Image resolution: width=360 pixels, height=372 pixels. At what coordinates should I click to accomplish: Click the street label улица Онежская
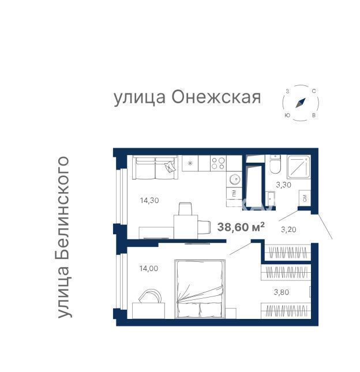point(187,97)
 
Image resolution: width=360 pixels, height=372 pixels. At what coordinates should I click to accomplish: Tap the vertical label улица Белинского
point(62,237)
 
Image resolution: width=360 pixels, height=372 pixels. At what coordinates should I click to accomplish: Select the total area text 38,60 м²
point(241,227)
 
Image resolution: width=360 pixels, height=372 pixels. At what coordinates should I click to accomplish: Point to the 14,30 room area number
point(149,201)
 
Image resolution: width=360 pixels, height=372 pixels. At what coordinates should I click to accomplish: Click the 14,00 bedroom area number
point(148,269)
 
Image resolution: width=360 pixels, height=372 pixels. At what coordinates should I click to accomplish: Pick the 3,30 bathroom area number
point(283,185)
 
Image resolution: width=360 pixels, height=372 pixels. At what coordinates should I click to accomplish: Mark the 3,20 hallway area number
point(288,230)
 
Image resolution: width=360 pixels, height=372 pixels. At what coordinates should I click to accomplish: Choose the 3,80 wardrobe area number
point(282,292)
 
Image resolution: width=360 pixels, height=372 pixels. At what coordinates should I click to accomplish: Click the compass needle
point(301,103)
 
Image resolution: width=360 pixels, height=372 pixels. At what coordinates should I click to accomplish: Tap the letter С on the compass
point(313,91)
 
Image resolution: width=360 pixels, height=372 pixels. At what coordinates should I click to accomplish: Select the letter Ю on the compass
point(287,115)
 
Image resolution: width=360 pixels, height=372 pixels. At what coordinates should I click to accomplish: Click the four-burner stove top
point(218,163)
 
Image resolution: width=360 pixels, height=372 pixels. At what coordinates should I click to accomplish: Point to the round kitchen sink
point(235,179)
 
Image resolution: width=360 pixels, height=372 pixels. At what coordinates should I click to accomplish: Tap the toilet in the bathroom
point(275,164)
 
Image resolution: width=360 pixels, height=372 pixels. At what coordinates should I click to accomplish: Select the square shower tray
point(299,167)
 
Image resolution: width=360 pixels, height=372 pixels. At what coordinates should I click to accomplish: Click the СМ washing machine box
point(305,198)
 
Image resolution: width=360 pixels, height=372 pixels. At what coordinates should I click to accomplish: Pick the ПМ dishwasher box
point(234,193)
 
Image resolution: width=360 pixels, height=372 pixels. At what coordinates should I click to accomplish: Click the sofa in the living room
point(155,167)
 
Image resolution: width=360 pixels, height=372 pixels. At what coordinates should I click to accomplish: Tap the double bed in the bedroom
point(200,289)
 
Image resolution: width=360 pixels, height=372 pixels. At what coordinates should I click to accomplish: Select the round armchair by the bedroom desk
point(150,296)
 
